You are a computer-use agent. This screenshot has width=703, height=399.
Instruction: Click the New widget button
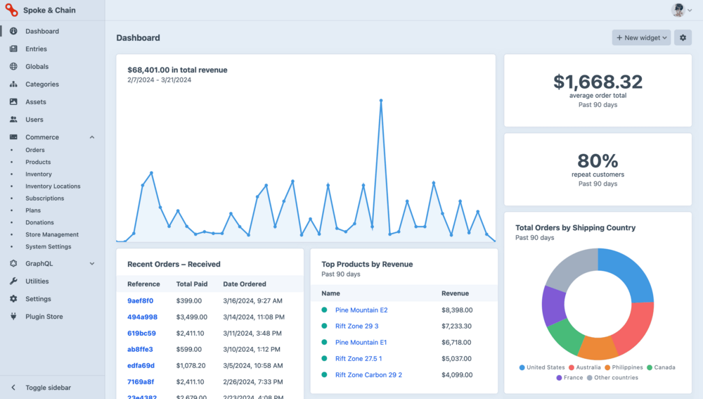pos(641,38)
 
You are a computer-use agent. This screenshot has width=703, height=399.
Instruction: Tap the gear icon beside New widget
pos(682,38)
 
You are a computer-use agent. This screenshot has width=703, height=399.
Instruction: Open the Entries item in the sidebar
pos(36,49)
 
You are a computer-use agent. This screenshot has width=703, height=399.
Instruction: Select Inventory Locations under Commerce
pos(53,186)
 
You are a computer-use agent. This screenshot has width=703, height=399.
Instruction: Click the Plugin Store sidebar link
pos(44,317)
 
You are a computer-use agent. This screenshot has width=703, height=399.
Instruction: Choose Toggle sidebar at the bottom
pos(48,388)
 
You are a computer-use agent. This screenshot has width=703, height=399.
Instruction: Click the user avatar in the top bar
pos(678,10)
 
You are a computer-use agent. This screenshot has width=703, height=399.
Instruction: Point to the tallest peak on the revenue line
pos(381,101)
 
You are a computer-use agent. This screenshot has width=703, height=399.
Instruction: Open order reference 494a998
pos(142,317)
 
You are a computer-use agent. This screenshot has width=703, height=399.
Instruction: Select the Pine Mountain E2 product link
pos(361,310)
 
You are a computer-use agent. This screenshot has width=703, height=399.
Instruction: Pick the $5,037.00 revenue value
pos(457,359)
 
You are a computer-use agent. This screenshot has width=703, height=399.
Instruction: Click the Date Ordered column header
pos(244,284)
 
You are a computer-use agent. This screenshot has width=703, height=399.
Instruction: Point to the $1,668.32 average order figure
pos(598,82)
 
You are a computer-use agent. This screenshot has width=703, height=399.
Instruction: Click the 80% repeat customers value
pos(598,161)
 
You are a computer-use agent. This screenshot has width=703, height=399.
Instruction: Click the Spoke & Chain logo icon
pos(11,11)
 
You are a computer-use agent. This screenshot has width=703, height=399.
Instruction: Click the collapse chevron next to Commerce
pos(92,137)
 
